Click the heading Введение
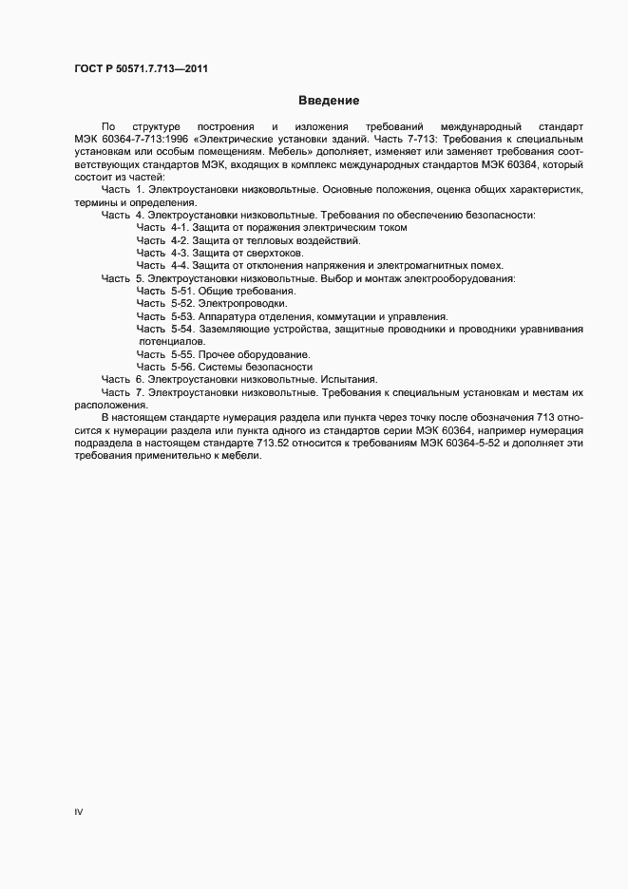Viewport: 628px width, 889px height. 329,100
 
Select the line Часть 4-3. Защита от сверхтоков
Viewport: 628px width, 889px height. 219,254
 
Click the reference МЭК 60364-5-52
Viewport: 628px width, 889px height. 471,443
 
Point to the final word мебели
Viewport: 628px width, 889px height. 239,455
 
